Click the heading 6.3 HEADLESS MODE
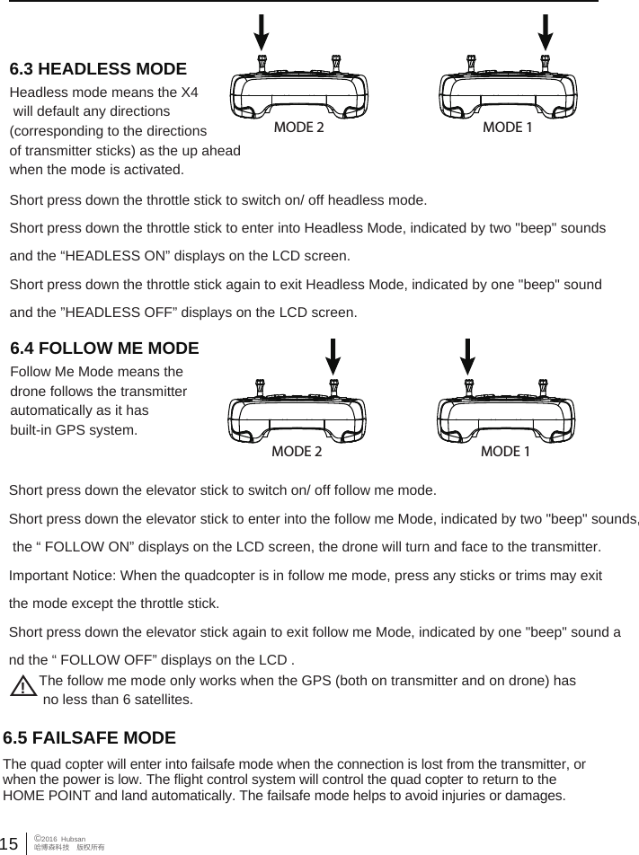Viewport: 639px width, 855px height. pyautogui.click(x=98, y=69)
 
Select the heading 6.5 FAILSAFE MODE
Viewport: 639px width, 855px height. pyautogui.click(x=90, y=738)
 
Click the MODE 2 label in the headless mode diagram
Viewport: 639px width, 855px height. pyautogui.click(x=298, y=128)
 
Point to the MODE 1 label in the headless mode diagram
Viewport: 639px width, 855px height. pyautogui.click(x=508, y=128)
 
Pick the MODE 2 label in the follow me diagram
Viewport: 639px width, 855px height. pyautogui.click(x=297, y=451)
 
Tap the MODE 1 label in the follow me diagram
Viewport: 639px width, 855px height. pyautogui.click(x=505, y=451)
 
